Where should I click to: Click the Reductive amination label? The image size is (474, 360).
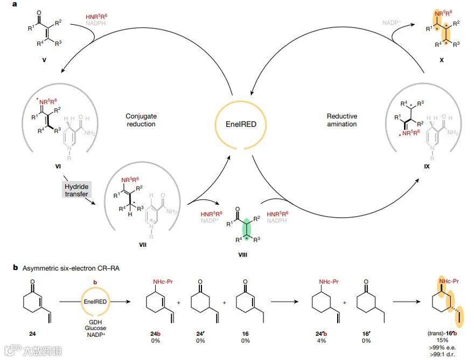(342, 120)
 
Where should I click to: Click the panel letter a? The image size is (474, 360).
(18, 5)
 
